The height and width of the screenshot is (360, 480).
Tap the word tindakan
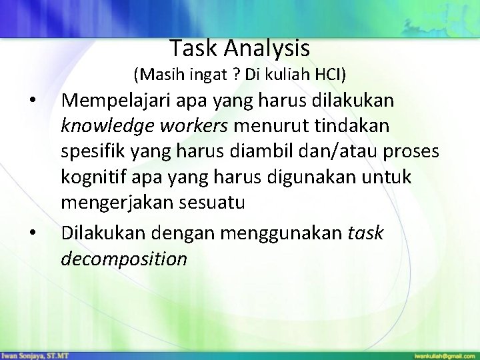351,127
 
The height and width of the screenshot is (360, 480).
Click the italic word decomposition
124,258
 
